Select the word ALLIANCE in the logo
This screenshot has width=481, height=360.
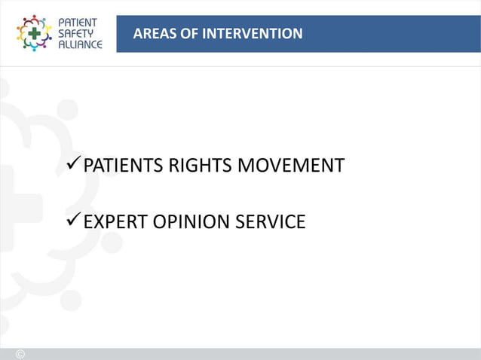81,44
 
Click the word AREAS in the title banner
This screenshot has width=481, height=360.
153,34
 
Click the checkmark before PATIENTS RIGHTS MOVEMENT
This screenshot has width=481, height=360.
72,164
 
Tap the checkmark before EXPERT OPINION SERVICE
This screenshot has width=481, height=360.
72,221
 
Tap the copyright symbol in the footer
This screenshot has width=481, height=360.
20,354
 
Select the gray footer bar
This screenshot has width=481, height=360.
249,354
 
